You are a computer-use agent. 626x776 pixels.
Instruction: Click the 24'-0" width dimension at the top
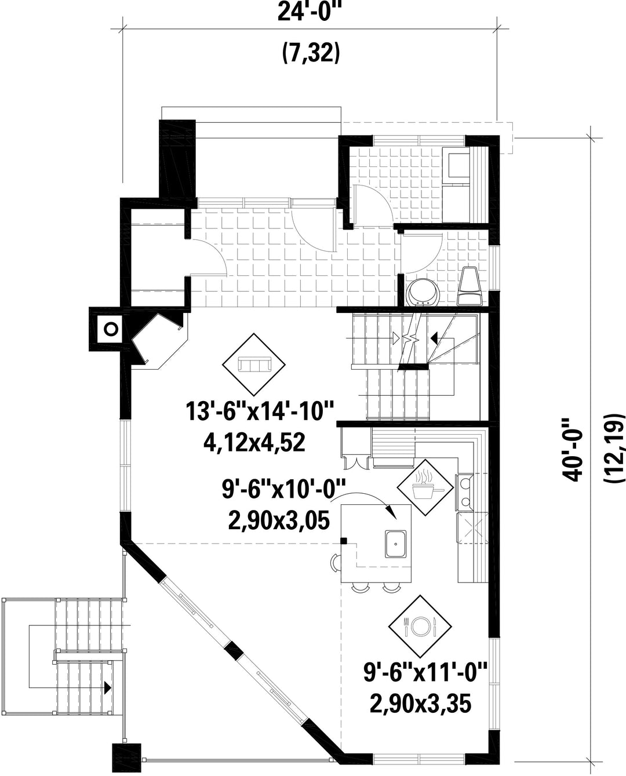(310, 13)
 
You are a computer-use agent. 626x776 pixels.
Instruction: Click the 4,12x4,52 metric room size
(254, 443)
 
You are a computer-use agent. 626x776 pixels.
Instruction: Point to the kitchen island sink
(395, 544)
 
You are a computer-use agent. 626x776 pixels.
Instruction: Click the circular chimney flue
(111, 329)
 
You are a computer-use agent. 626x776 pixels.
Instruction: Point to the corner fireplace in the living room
(159, 341)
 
